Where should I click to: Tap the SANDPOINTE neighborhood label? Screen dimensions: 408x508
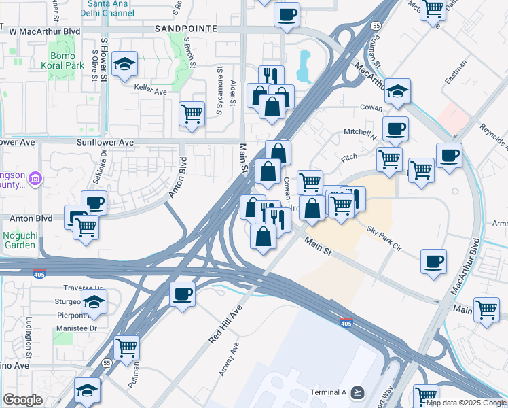185,29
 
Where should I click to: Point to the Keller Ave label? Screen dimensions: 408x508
150,90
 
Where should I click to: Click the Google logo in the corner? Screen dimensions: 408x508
22,400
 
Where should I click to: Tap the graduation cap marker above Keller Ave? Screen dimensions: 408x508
124,64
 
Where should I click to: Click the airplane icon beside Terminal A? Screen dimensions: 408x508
358,392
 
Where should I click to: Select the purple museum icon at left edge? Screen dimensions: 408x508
35,180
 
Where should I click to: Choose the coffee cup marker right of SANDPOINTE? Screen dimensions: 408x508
287,14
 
